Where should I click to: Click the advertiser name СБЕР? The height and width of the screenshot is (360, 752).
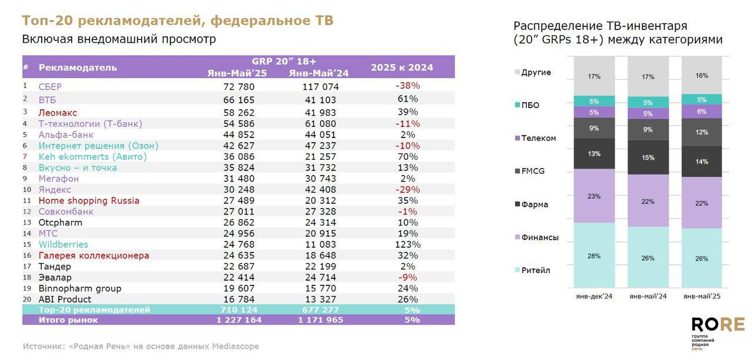pyautogui.click(x=50, y=86)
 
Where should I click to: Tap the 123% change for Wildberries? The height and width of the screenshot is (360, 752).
pyautogui.click(x=407, y=244)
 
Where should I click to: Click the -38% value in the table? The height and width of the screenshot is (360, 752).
pyautogui.click(x=407, y=86)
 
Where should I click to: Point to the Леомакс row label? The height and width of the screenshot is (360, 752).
pyautogui.click(x=58, y=112)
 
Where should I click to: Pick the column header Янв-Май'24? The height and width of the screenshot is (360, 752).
pyautogui.click(x=318, y=73)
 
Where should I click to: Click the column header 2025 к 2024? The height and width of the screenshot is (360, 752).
pyautogui.click(x=402, y=68)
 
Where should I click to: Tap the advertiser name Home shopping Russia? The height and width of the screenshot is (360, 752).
pyautogui.click(x=89, y=200)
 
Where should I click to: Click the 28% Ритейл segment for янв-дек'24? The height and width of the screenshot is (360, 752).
pyautogui.click(x=594, y=255)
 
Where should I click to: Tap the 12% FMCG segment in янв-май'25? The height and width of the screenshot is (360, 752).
pyautogui.click(x=702, y=132)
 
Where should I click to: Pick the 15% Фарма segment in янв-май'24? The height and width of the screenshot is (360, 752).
pyautogui.click(x=648, y=157)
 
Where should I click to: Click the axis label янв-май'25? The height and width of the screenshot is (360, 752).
pyautogui.click(x=702, y=297)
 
